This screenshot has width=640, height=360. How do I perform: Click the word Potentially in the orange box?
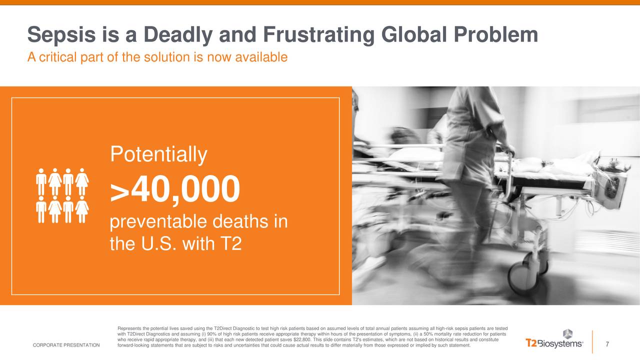[158, 155]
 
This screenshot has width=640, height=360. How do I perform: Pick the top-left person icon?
[41, 179]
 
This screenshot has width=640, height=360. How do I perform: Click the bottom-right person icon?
[82, 211]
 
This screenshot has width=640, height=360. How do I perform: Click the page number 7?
[607, 344]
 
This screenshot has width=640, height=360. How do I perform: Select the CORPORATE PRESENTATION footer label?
[66, 345]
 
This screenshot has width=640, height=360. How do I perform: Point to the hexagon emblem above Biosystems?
[567, 333]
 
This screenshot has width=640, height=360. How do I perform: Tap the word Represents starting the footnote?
[129, 328]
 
